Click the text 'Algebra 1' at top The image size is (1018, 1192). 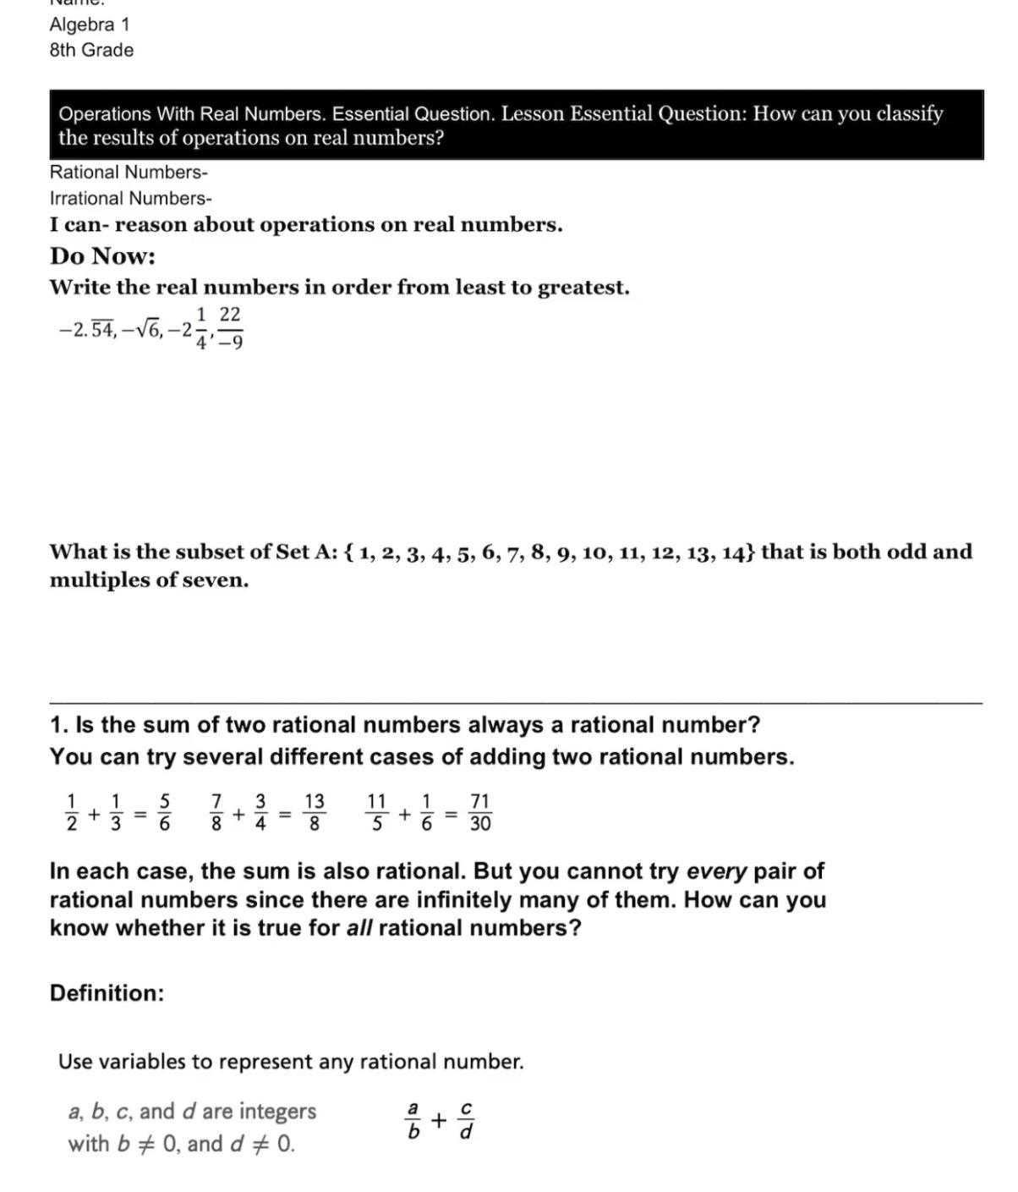click(x=90, y=25)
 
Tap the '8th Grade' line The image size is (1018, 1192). click(x=91, y=51)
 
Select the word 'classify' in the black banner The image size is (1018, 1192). click(x=909, y=114)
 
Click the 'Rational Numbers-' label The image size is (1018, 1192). click(x=129, y=173)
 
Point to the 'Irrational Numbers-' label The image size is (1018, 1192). click(x=131, y=199)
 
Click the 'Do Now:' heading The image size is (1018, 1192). click(x=102, y=256)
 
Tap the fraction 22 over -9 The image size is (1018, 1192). click(x=230, y=328)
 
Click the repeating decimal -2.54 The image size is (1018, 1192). click(x=86, y=331)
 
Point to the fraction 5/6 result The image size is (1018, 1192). click(x=165, y=812)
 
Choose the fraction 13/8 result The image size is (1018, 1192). click(x=314, y=812)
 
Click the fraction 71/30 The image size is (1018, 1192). click(x=479, y=812)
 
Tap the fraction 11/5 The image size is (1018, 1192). click(x=377, y=812)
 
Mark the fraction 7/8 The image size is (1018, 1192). click(x=216, y=812)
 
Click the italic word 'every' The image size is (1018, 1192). click(x=716, y=871)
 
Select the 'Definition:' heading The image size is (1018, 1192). click(x=107, y=993)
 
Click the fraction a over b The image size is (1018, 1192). click(x=413, y=1120)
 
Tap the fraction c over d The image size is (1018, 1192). click(x=466, y=1120)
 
